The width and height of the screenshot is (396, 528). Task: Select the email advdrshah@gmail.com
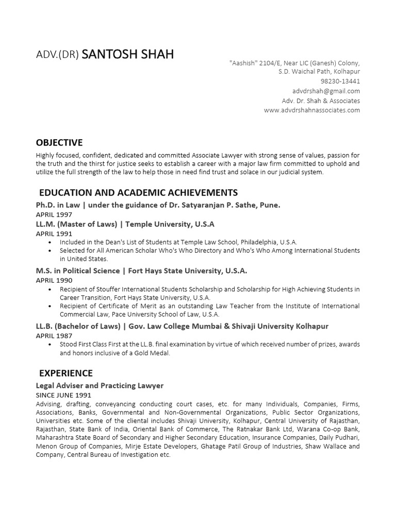click(x=331, y=91)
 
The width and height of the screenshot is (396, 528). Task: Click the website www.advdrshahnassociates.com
click(x=312, y=110)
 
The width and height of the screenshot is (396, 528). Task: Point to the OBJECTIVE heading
click(x=59, y=143)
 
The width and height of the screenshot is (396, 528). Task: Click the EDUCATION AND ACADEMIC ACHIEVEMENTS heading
click(x=139, y=193)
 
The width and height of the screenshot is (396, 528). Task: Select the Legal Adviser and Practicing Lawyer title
click(x=100, y=385)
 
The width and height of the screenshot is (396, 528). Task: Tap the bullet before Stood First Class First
click(x=49, y=344)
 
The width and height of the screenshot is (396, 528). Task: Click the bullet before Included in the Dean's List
click(x=49, y=242)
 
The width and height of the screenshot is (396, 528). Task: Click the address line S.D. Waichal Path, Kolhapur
click(x=319, y=72)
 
